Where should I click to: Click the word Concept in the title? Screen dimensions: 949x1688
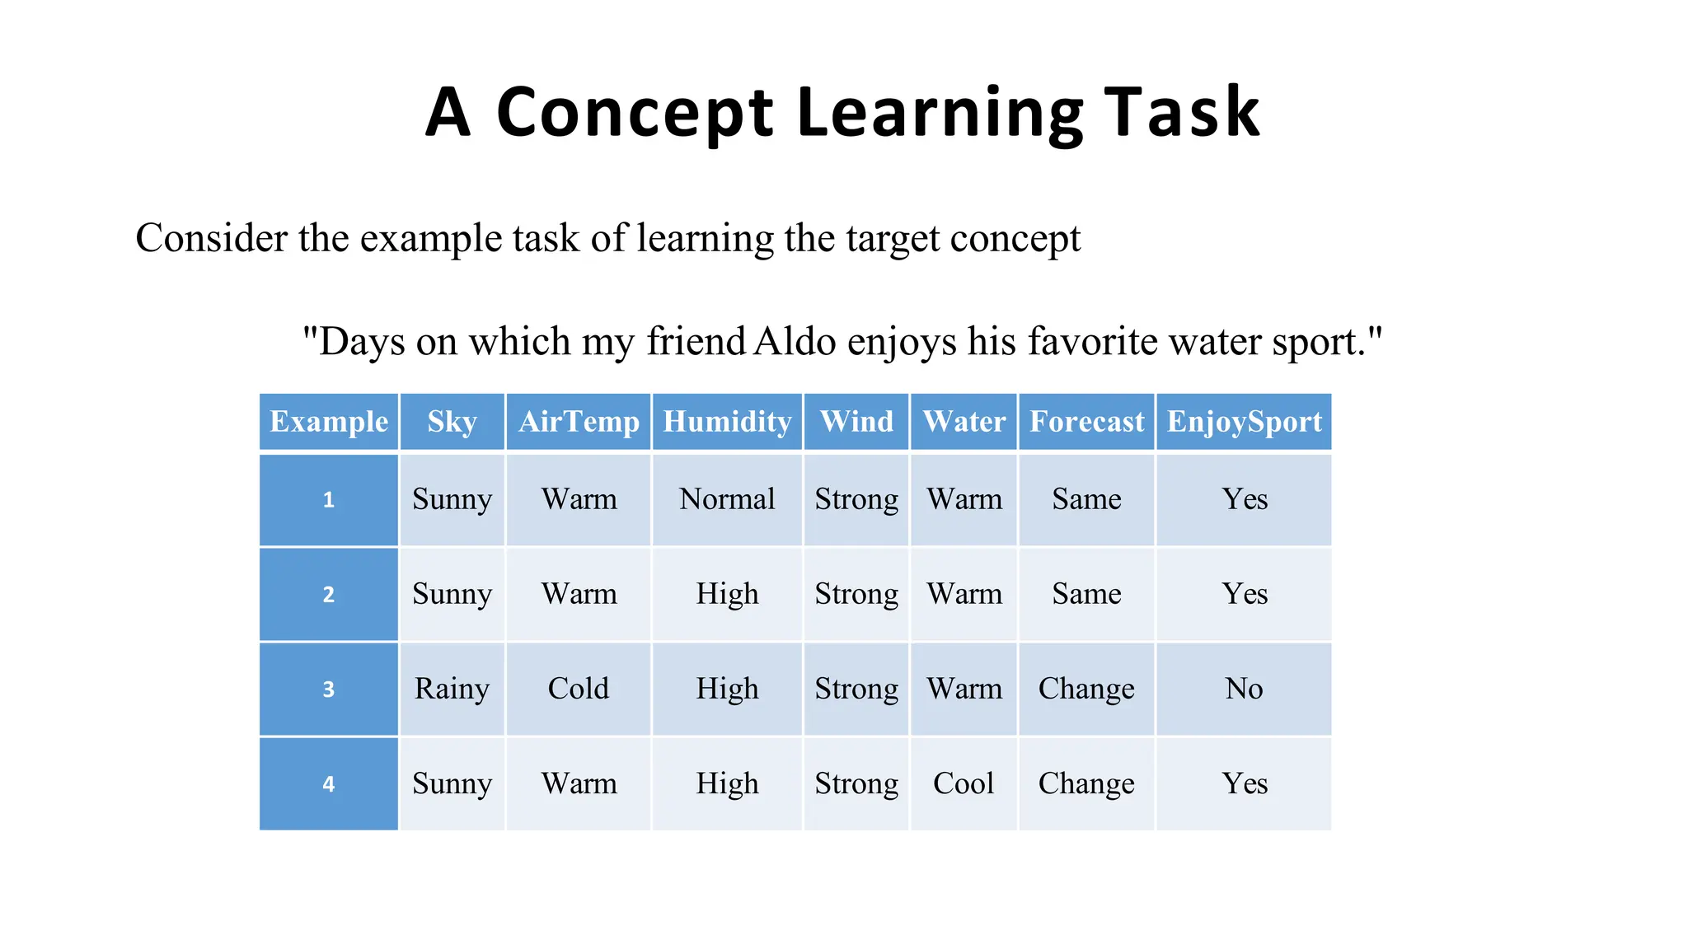coord(635,113)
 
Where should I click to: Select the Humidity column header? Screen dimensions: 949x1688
coord(727,422)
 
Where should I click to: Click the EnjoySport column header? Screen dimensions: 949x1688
coord(1244,422)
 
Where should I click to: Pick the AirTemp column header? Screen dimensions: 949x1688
coord(579,422)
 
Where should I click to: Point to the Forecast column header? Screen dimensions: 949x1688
coord(1086,422)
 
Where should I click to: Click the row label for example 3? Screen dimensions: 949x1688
coord(329,690)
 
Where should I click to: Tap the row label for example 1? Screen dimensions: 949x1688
coord(329,500)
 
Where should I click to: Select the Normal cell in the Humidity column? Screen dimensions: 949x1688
coord(727,499)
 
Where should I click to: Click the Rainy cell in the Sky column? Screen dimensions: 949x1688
coord(452,689)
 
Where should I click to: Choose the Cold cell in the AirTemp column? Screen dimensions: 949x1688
coord(579,689)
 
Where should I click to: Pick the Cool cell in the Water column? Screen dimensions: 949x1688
coord(964,783)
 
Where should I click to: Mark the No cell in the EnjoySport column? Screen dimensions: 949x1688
coord(1244,689)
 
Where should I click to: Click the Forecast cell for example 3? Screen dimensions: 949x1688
coord(1086,689)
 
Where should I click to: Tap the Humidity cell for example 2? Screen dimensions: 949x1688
coord(727,594)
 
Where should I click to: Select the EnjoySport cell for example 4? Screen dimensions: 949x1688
coord(1244,783)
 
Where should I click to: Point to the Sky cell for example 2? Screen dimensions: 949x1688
coord(452,594)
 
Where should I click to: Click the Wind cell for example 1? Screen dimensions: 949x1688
coord(856,499)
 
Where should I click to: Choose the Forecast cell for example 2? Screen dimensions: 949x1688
coord(1086,594)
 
